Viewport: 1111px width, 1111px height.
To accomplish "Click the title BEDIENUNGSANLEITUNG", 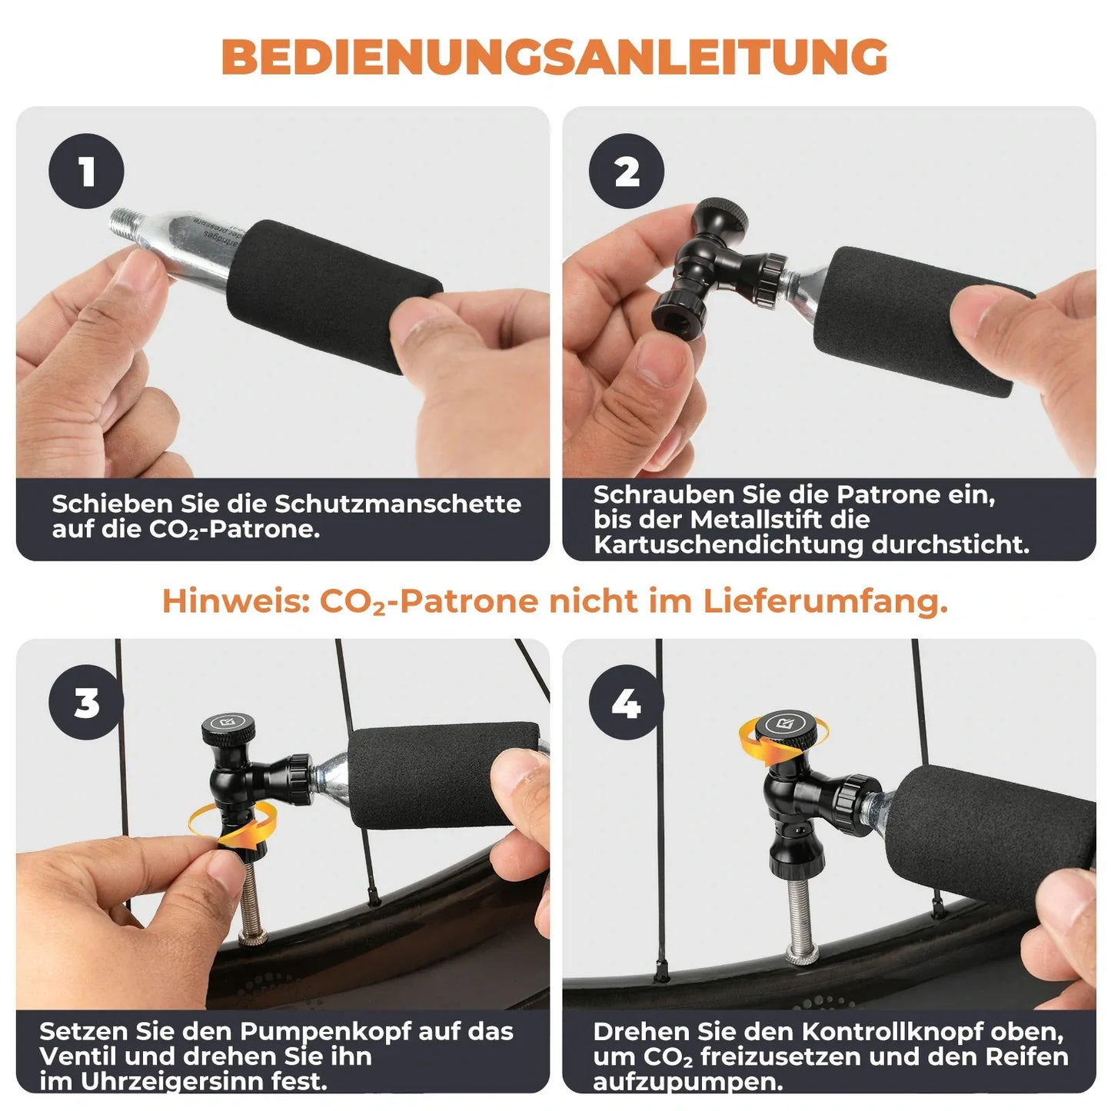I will [554, 56].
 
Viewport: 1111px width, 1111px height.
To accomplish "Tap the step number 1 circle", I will [86, 171].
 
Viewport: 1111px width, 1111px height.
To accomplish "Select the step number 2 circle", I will [627, 171].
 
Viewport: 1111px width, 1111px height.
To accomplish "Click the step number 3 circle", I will [86, 703].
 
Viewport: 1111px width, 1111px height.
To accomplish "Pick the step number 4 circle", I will [627, 703].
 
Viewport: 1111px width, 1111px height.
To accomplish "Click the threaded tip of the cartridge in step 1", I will [126, 225].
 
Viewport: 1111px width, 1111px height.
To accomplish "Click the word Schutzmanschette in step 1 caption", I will [397, 504].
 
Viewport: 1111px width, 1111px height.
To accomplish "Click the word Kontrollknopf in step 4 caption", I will [893, 1031].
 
